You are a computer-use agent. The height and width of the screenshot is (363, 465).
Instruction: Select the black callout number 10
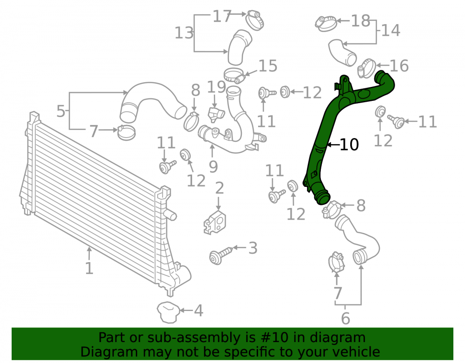click(x=349, y=145)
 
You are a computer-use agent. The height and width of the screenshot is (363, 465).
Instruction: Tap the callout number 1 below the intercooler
click(x=89, y=268)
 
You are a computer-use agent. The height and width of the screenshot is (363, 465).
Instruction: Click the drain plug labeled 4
click(x=168, y=312)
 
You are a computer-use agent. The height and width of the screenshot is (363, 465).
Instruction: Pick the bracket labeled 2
click(x=215, y=222)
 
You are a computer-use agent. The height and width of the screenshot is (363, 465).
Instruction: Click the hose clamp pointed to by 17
click(x=254, y=19)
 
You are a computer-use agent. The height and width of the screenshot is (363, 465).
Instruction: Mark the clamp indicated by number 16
click(x=367, y=68)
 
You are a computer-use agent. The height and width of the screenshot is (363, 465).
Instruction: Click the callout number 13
click(x=184, y=33)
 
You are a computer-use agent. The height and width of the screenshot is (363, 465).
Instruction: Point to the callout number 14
click(x=391, y=31)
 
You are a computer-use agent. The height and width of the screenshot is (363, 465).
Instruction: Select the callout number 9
click(x=213, y=166)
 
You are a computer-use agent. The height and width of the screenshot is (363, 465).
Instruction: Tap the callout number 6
click(x=345, y=318)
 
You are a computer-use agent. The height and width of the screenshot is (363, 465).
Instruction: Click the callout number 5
click(x=61, y=111)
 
